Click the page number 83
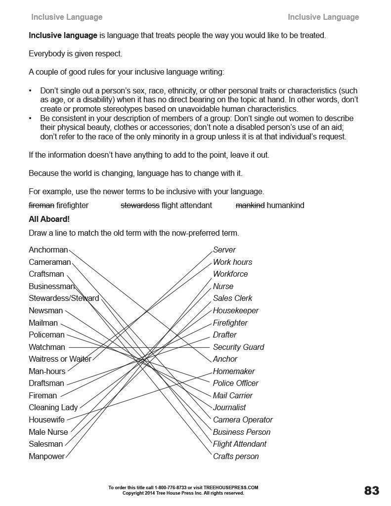[372, 490]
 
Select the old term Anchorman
[48, 250]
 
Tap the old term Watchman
[46, 347]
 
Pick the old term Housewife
[46, 420]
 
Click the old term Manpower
[46, 456]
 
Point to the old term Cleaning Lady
[53, 408]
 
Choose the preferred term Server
[224, 250]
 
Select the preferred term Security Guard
[238, 347]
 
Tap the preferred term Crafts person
[235, 456]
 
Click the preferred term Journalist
[229, 408]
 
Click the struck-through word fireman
[41, 205]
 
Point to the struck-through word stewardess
[140, 205]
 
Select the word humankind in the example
[285, 205]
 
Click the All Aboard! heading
[49, 219]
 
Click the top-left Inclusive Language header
[67, 17]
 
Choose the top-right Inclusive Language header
[323, 17]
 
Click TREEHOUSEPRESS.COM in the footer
[233, 487]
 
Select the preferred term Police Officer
[235, 383]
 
